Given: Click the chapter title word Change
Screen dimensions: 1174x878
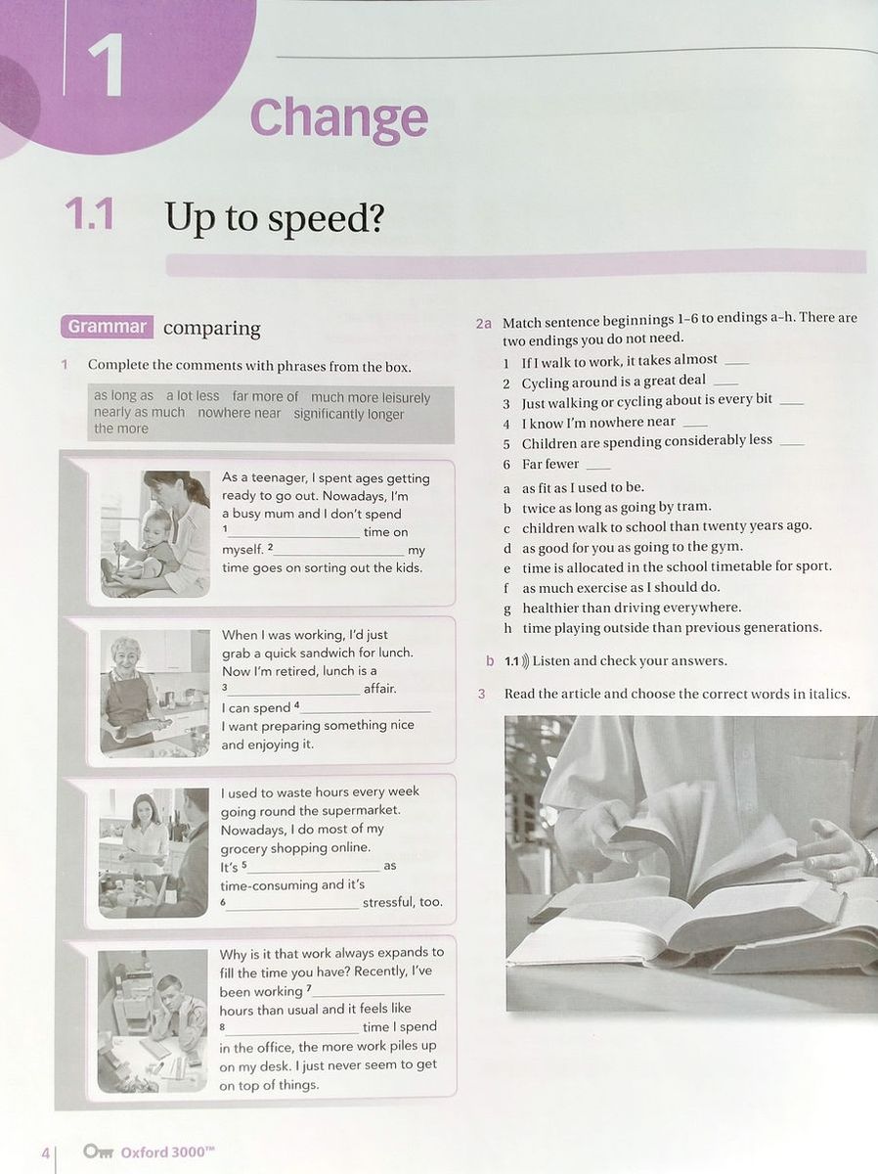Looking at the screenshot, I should [338, 118].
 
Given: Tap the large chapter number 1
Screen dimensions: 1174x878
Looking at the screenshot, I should [105, 66].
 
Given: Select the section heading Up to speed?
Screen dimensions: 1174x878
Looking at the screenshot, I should [274, 217].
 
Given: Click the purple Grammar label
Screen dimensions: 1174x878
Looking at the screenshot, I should [107, 327].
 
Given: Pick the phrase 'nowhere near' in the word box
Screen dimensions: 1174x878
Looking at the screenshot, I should [239, 413].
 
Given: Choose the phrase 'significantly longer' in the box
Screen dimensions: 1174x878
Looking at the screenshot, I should [348, 414].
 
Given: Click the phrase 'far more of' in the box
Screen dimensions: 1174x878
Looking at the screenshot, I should [265, 396].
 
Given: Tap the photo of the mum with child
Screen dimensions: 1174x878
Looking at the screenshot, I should [154, 534].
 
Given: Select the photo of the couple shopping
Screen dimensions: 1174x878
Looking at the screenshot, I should [154, 851].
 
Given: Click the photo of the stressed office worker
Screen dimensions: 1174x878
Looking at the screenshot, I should [153, 1020].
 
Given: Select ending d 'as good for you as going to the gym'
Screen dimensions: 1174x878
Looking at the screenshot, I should [632, 547].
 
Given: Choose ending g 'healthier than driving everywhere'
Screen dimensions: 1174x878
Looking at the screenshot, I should [631, 608].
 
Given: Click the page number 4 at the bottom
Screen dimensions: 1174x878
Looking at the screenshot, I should [45, 1153].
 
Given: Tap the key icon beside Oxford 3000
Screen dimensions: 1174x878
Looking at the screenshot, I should [99, 1151].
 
